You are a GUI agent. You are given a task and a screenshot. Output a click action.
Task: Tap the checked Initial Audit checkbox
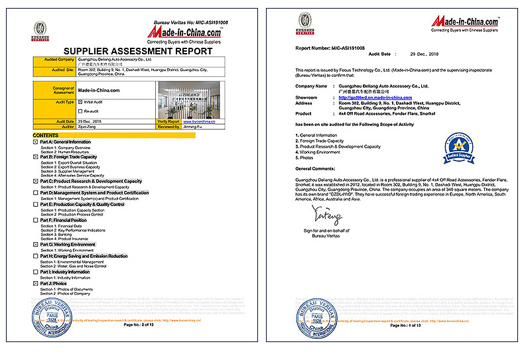point(81,102)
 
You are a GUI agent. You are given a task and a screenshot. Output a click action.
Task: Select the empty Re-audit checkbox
point(81,111)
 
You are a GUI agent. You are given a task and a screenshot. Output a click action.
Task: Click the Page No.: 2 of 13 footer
point(139,326)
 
